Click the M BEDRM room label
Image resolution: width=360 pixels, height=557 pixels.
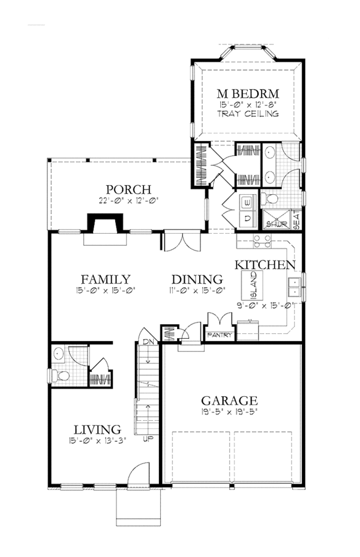click(x=248, y=94)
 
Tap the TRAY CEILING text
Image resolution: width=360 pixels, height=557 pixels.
click(x=248, y=114)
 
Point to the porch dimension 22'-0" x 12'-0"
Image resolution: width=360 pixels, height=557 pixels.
click(x=128, y=200)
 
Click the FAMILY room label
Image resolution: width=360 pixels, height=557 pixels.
click(x=106, y=279)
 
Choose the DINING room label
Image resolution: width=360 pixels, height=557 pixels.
click(x=197, y=279)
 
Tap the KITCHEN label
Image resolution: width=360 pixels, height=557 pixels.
click(x=265, y=264)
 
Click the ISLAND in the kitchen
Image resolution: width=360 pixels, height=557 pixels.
click(x=253, y=285)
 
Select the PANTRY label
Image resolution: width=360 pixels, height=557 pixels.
click(x=219, y=335)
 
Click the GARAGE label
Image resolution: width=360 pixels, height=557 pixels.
click(x=229, y=401)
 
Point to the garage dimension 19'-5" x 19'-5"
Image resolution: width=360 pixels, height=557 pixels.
click(x=229, y=412)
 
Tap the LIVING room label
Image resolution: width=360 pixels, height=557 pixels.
click(x=97, y=430)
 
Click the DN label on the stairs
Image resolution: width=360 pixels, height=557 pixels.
click(x=148, y=342)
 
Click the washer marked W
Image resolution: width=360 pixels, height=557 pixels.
click(x=248, y=203)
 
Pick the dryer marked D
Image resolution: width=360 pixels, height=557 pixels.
click(x=248, y=218)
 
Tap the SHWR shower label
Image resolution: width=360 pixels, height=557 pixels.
click(x=274, y=225)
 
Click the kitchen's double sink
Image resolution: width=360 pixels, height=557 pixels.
click(x=295, y=287)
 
